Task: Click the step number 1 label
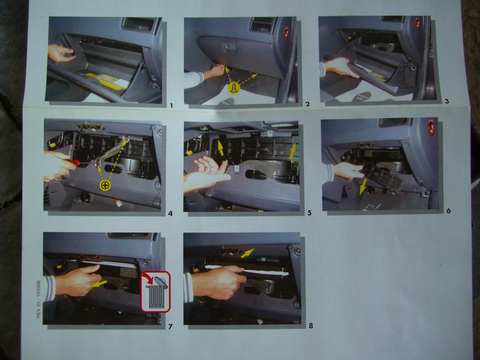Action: (171, 105)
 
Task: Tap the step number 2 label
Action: (307, 104)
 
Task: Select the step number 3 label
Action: (446, 101)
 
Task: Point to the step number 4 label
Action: (170, 213)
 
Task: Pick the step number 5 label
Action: (309, 213)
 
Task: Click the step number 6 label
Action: (448, 210)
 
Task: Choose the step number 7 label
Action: (170, 326)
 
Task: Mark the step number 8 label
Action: (310, 325)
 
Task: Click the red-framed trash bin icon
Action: (155, 291)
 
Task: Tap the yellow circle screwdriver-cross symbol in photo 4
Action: (105, 185)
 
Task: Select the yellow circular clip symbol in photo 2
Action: (234, 88)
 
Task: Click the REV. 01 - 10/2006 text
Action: (38, 299)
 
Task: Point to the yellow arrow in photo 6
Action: (363, 186)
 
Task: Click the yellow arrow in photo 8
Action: (247, 253)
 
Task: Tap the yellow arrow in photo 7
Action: (99, 284)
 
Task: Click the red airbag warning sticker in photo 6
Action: (431, 128)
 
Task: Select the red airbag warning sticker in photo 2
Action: (286, 33)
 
